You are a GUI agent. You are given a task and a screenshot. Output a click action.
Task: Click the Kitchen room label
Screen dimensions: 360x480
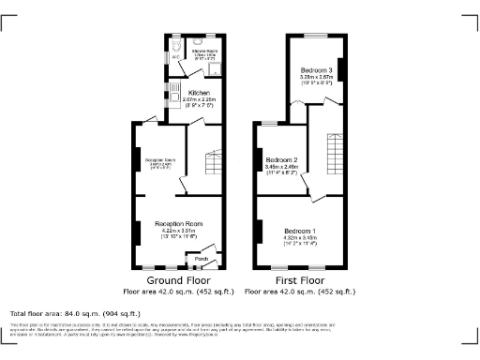coord(198,93)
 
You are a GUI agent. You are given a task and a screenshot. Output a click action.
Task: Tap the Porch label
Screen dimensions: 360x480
coord(201,259)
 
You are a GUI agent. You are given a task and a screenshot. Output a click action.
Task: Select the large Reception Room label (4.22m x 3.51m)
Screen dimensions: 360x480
coord(180,224)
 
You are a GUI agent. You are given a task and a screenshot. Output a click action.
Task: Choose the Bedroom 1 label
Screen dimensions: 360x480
coord(300,231)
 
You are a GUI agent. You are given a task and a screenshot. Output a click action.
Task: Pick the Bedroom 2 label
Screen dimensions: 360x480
coord(281,160)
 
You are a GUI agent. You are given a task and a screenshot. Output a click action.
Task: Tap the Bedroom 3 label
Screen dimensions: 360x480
coord(316,70)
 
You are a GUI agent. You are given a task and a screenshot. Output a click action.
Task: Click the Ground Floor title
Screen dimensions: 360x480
coord(177,280)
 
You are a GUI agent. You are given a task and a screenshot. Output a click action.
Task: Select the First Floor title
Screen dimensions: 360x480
coord(300,280)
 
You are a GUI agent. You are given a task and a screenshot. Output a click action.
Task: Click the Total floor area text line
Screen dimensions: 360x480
coord(75,313)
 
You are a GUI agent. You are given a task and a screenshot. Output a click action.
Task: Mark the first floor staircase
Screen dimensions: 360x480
coord(333,150)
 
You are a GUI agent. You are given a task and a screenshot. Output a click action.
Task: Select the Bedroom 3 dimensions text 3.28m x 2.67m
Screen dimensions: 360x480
coord(316,78)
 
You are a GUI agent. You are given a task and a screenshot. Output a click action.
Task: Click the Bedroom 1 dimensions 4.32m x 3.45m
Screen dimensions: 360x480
coord(300,238)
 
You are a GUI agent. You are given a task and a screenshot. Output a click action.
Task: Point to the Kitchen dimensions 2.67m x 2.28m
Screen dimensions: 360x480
coord(198,100)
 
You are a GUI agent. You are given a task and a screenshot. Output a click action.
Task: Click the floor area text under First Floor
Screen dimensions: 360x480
coord(300,291)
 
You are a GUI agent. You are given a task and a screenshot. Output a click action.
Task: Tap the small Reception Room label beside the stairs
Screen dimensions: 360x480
coord(156,161)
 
